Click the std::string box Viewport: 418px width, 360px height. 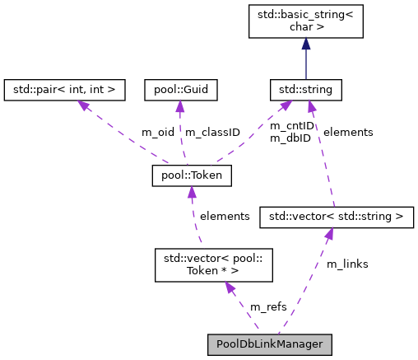pos(306,86)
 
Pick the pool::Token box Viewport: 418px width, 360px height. pos(192,175)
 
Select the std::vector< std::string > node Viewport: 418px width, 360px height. pos(332,217)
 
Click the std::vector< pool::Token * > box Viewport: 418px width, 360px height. pos(214,264)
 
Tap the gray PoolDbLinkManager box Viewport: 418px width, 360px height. pos(270,343)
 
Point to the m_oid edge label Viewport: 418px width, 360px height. pos(158,132)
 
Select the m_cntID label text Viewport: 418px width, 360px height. pos(292,126)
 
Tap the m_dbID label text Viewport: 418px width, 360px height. pos(291,138)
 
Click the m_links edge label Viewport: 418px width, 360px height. pos(347,264)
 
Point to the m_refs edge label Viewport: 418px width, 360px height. pos(268,306)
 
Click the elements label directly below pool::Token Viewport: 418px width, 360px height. pos(225,216)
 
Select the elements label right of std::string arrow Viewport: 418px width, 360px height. pos(347,132)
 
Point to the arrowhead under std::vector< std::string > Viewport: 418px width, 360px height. pos(328,234)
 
